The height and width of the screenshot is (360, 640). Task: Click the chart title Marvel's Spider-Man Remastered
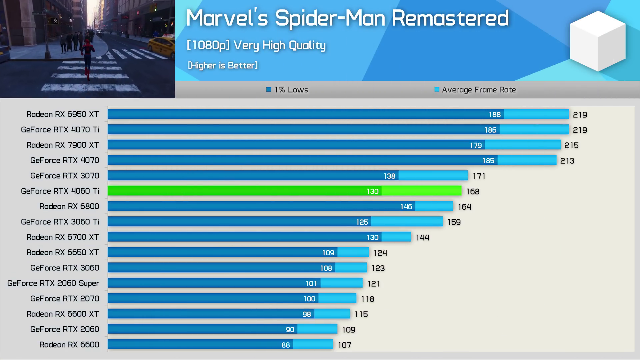[x=347, y=18]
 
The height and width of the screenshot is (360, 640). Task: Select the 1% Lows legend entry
[x=287, y=90]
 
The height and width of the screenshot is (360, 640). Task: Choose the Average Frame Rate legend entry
[x=475, y=90]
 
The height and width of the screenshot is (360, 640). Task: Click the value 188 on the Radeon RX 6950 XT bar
[x=495, y=114]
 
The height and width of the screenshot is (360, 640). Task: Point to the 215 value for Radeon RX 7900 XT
[x=571, y=145]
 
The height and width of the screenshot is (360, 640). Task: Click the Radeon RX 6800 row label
[x=69, y=206]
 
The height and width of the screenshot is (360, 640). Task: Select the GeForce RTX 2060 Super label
[x=53, y=283]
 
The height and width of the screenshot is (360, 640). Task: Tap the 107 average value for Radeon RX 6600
[x=344, y=345]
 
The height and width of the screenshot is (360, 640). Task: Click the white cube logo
[x=598, y=41]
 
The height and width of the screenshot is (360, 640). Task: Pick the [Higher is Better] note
[x=223, y=65]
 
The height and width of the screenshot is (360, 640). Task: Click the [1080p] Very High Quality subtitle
[x=256, y=45]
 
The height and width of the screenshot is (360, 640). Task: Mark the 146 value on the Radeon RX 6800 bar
[x=406, y=207]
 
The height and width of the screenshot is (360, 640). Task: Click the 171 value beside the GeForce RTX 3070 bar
[x=479, y=176]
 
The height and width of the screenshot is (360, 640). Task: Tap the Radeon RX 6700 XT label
[x=63, y=237]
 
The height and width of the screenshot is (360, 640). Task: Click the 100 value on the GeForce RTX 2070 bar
[x=309, y=299]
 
